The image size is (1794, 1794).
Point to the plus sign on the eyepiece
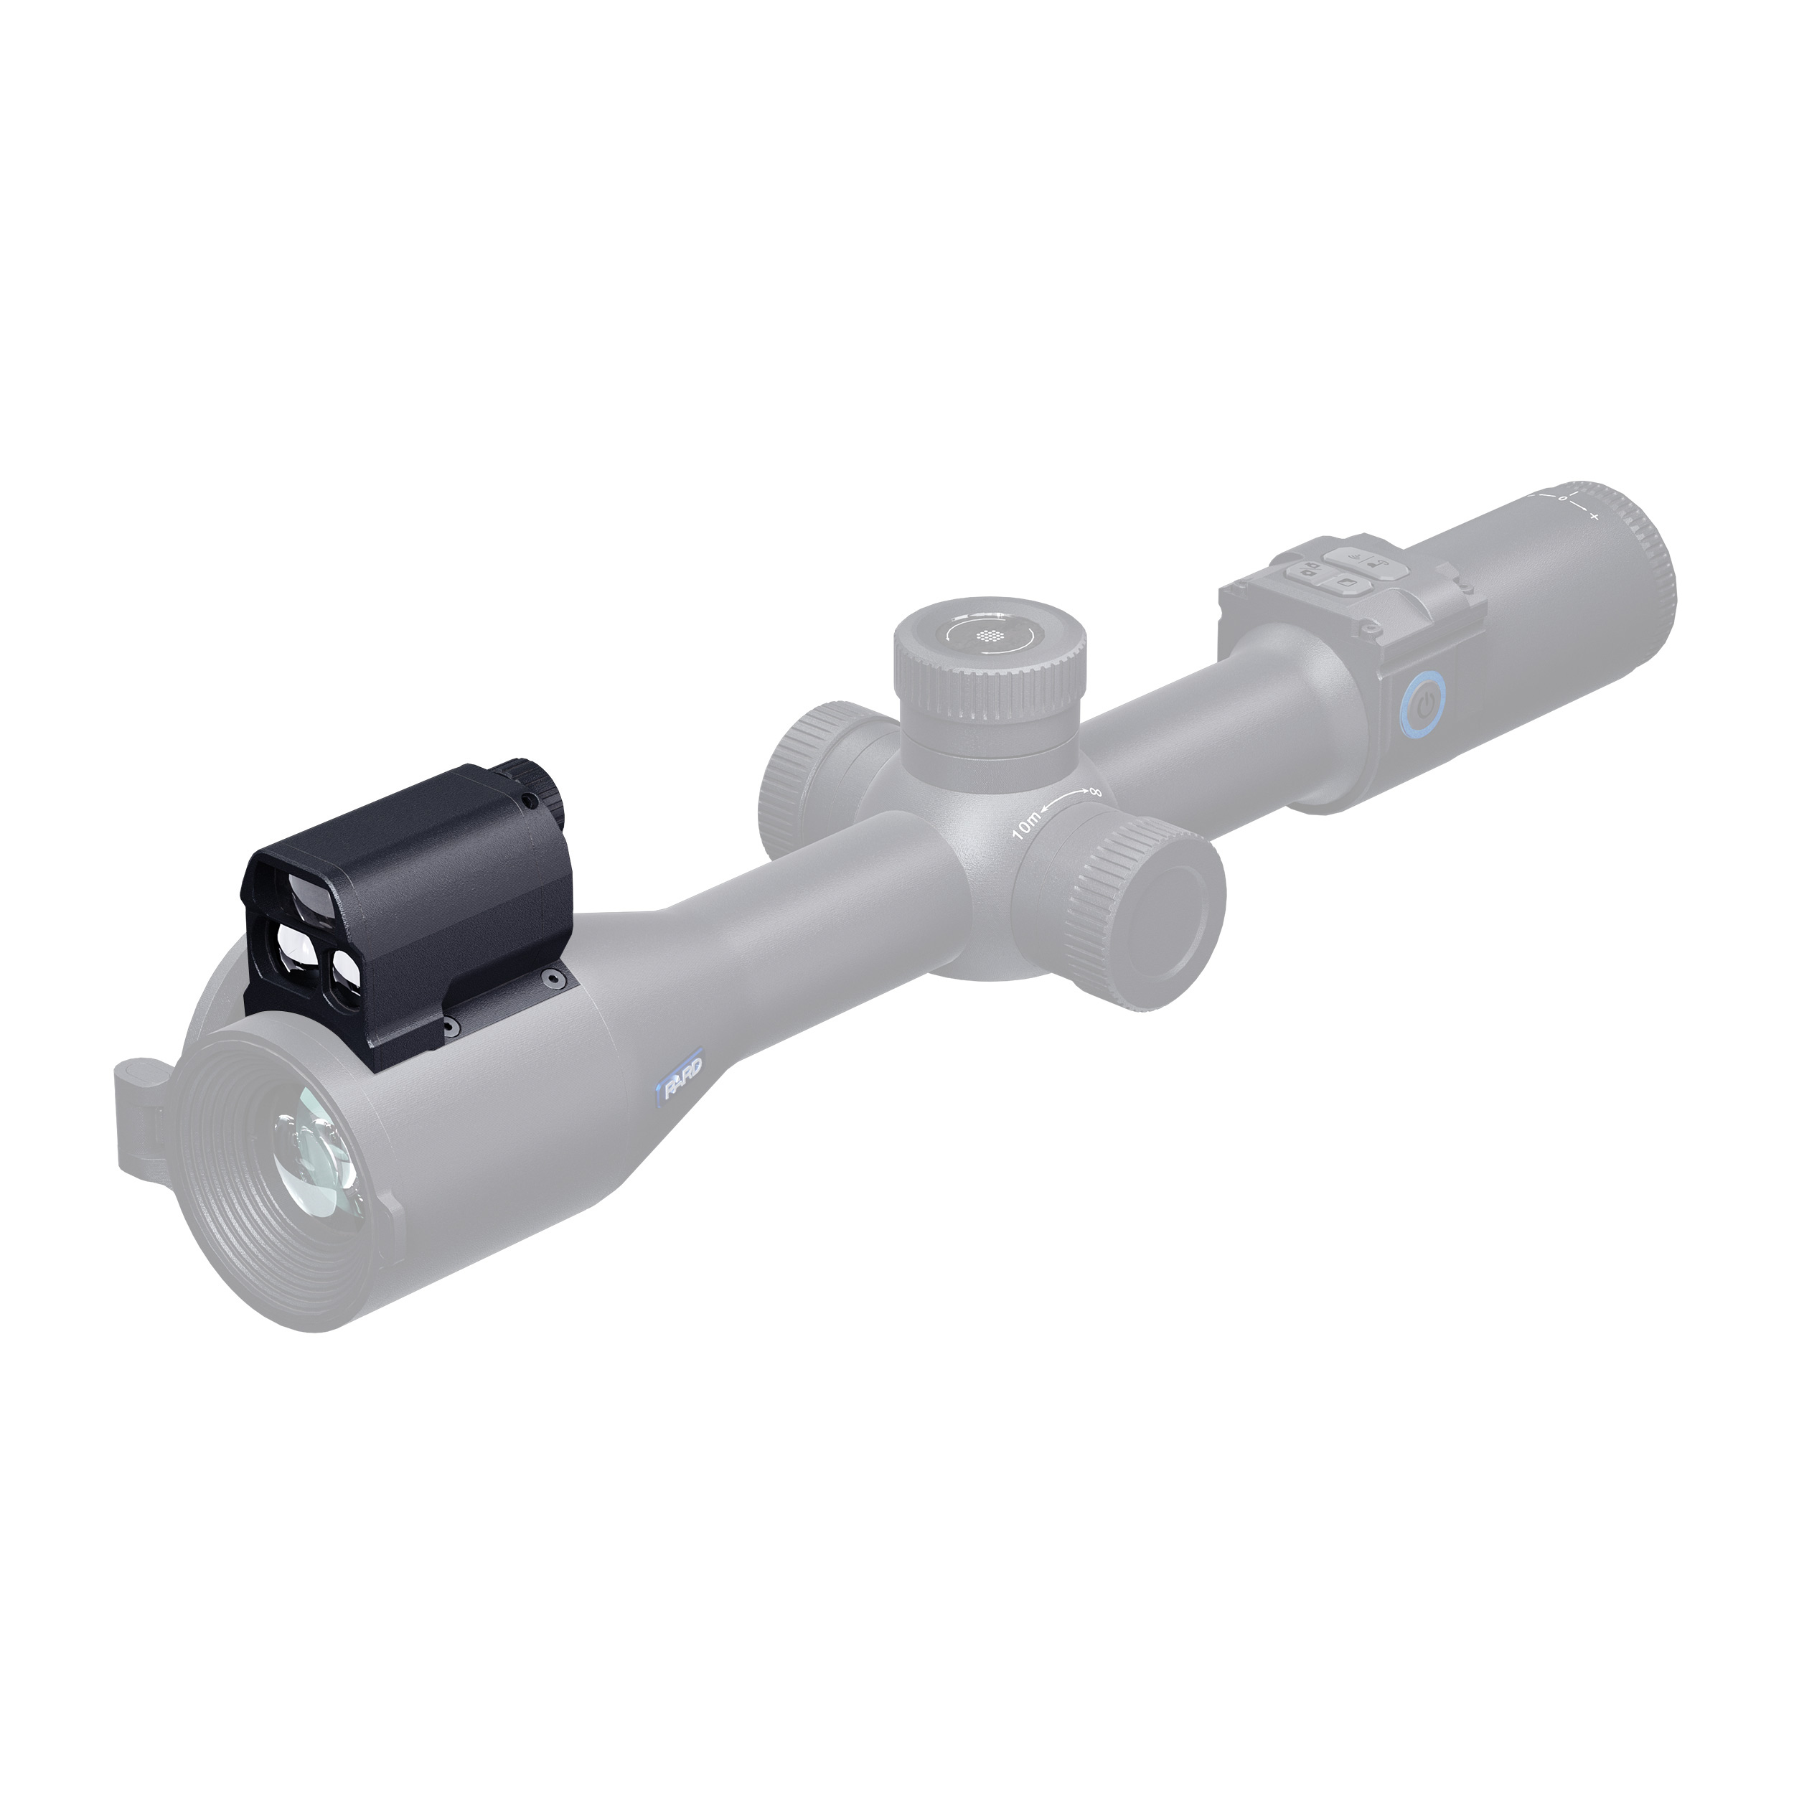[1595, 515]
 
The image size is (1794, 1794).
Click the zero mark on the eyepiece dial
[1563, 499]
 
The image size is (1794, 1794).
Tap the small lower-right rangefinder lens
[352, 964]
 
